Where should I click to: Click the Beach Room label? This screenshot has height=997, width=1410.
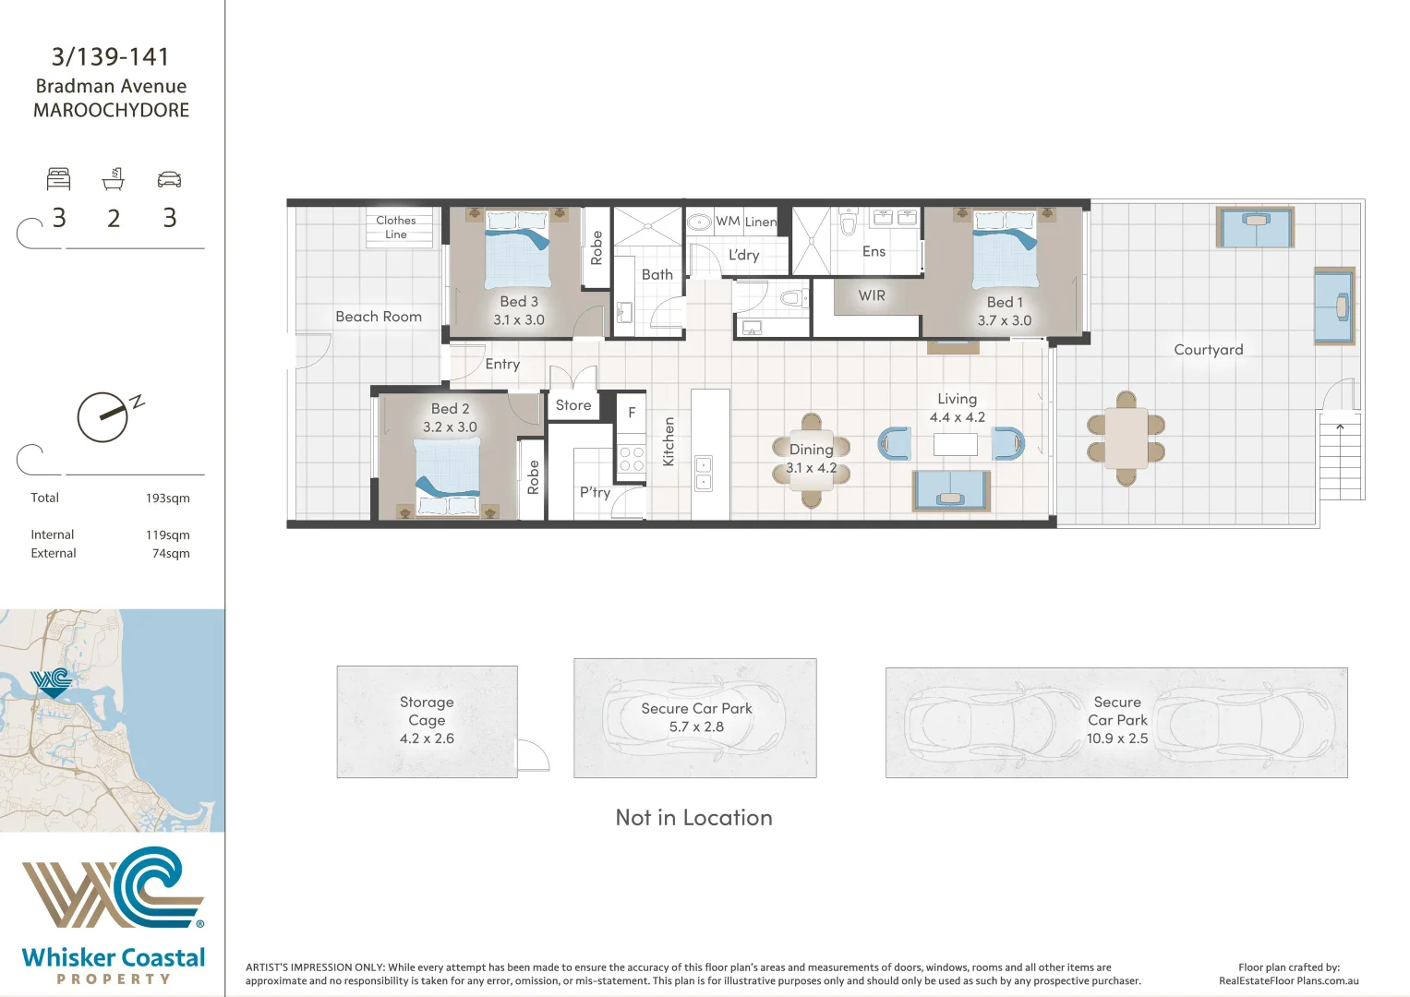tap(379, 317)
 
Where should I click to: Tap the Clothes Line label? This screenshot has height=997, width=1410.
tap(396, 227)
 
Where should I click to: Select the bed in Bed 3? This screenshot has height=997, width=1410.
tap(517, 249)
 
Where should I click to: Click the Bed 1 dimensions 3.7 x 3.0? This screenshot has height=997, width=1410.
tap(1005, 320)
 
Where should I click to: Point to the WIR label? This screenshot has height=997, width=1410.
tap(872, 295)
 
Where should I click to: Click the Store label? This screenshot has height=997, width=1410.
tap(572, 405)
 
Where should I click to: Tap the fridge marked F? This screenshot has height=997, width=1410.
tap(632, 413)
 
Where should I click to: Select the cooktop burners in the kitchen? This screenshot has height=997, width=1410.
tap(632, 460)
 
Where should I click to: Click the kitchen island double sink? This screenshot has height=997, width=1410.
tap(704, 473)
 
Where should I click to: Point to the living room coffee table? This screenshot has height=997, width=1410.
tap(955, 444)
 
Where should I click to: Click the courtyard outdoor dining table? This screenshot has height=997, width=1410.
tap(1126, 438)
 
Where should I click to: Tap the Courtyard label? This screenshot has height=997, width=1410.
tap(1208, 350)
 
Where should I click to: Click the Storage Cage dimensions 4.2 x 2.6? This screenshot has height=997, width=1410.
tap(427, 739)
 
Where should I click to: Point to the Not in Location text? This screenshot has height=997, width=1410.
tap(693, 818)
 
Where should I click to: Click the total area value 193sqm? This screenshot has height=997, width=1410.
tap(167, 498)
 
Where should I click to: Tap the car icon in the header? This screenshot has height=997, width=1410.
tap(169, 179)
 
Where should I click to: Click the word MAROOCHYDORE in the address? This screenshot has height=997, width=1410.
tap(112, 111)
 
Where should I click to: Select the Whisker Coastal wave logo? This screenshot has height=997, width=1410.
tap(113, 886)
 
